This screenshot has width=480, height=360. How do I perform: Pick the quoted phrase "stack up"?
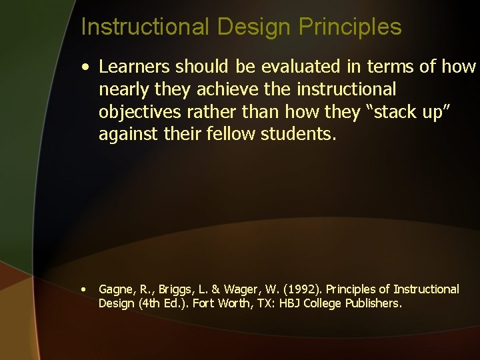411,111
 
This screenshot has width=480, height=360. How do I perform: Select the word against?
125,134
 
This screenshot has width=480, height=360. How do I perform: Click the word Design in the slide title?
253,27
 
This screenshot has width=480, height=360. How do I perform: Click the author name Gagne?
114,289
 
